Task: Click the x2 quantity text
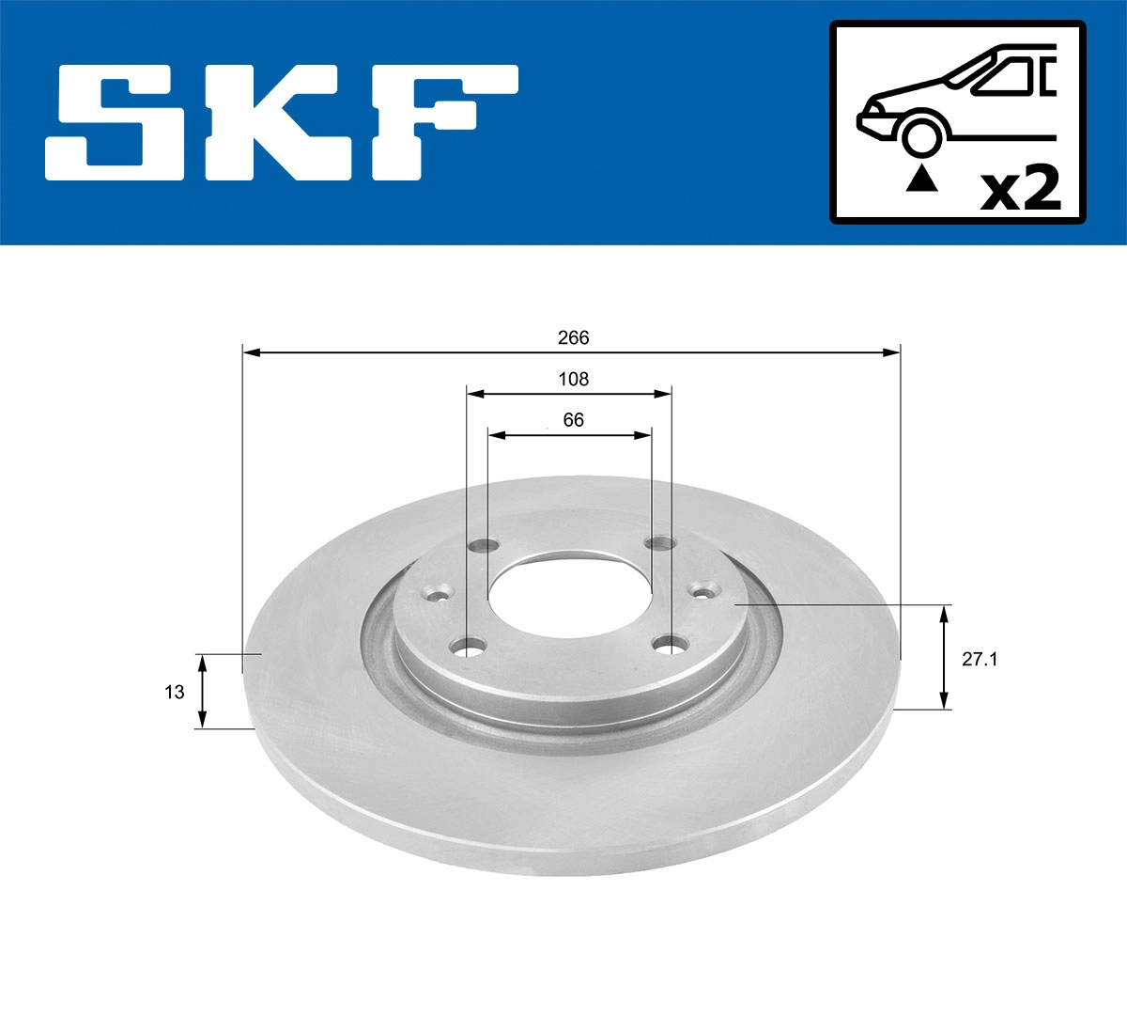click(x=1020, y=188)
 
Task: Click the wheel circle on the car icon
click(x=921, y=135)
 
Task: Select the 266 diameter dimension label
click(x=573, y=337)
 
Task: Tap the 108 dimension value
click(x=573, y=379)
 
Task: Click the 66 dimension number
click(x=573, y=420)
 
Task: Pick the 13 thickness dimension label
click(x=174, y=692)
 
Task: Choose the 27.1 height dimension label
click(x=980, y=659)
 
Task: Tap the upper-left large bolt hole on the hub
click(x=485, y=545)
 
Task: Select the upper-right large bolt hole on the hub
click(x=660, y=543)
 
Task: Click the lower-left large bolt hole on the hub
click(x=468, y=648)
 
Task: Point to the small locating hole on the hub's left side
click(x=438, y=593)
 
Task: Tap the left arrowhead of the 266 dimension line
click(x=250, y=352)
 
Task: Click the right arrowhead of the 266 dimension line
click(x=892, y=352)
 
